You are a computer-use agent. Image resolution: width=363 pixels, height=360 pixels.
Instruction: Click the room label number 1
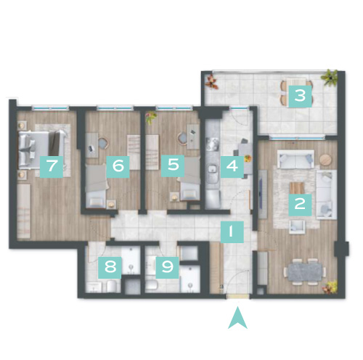(232, 232)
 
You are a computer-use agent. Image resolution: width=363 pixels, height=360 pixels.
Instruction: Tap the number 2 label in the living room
(300, 205)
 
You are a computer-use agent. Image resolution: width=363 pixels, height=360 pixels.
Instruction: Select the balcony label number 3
(300, 96)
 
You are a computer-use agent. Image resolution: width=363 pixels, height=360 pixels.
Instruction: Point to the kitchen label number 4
(232, 167)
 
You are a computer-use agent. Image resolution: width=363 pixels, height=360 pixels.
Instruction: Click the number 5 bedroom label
(173, 165)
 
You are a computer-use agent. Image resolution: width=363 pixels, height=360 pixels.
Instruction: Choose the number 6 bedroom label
(118, 167)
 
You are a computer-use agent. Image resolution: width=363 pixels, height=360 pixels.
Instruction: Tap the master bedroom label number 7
(52, 167)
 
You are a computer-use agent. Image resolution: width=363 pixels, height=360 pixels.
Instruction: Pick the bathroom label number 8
(110, 267)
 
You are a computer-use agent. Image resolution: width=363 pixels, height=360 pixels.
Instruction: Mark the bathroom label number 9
(167, 267)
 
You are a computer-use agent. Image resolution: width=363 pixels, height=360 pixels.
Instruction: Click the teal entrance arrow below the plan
(237, 318)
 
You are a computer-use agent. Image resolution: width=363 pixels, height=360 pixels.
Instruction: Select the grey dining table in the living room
(305, 272)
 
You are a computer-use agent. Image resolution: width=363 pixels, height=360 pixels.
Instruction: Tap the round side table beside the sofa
(326, 160)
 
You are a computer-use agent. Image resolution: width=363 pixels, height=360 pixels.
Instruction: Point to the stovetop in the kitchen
(212, 144)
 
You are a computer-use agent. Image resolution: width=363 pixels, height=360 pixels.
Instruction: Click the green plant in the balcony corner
(329, 77)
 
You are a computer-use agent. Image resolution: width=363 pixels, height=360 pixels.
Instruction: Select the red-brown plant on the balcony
(212, 82)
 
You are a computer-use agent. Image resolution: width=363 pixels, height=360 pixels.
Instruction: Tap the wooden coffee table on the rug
(297, 188)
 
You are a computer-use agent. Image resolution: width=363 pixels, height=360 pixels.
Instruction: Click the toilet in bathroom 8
(112, 287)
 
